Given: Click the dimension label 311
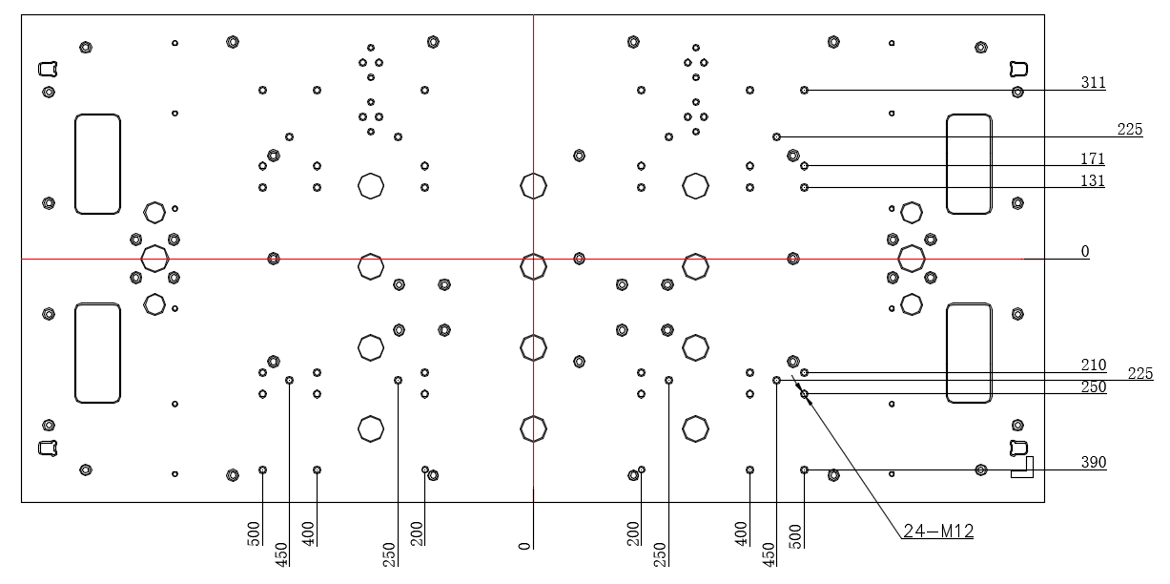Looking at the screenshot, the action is [x=1093, y=83].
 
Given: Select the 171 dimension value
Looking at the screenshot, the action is [x=1092, y=158].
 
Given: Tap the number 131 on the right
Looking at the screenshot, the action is [x=1092, y=180].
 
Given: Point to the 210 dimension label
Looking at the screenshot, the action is [x=1093, y=365].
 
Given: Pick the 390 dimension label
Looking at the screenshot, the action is [x=1093, y=462].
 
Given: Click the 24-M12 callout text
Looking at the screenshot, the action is [x=938, y=532].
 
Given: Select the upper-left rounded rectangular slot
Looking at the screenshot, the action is [x=75, y=164].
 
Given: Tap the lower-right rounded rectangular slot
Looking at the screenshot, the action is [x=948, y=353].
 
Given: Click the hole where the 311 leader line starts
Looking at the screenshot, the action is [x=805, y=91].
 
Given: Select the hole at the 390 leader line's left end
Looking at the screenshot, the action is [x=805, y=470].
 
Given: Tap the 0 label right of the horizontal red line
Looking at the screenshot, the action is [x=1085, y=252].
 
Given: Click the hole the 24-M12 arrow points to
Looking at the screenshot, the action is [x=805, y=394].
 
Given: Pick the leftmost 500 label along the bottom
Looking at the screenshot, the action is [x=254, y=533].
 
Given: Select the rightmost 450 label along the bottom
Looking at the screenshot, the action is [x=768, y=554].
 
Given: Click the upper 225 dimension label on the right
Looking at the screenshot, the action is [x=1130, y=129].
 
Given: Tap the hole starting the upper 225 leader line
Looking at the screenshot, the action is [x=777, y=137].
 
